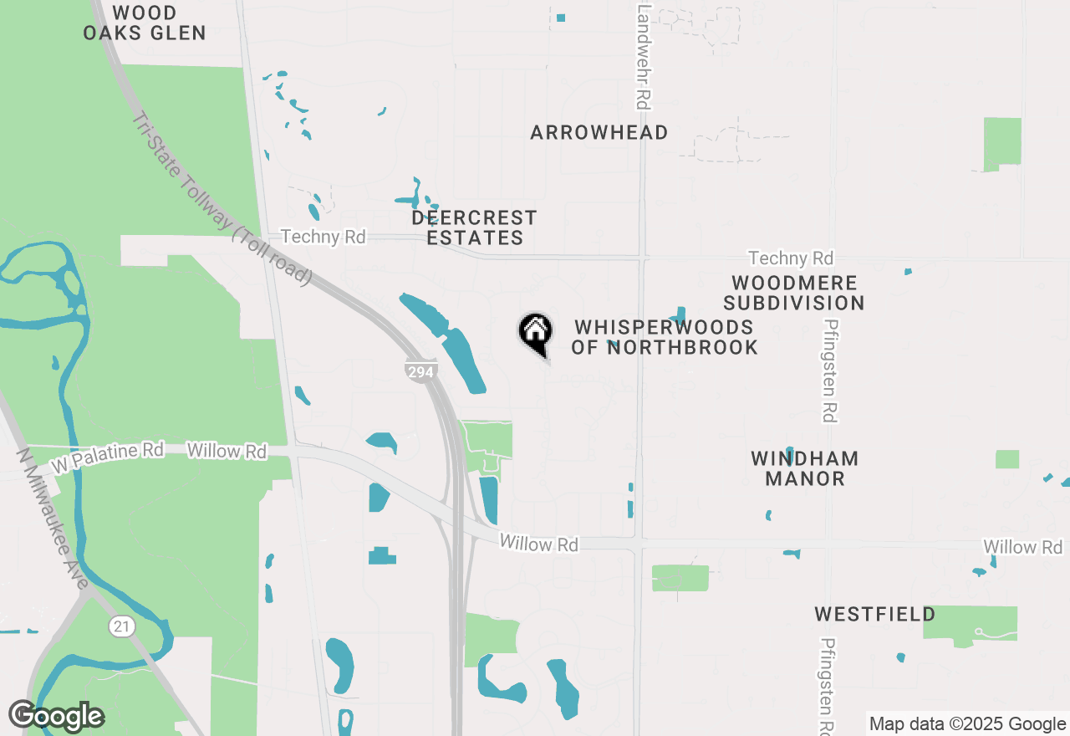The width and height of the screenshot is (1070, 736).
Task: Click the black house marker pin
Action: coord(535,333)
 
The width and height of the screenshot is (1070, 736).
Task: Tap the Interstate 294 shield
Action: coord(420,371)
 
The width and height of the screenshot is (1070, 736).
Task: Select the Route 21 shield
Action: coord(122,626)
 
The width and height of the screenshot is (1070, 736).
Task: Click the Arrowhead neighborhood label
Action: coord(599,132)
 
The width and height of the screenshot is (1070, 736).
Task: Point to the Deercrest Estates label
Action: coord(474,227)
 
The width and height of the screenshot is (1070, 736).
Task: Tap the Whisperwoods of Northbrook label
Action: coord(665,337)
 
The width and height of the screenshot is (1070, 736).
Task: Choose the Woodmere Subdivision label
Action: coord(793,293)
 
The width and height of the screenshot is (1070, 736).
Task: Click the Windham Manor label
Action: coord(804,468)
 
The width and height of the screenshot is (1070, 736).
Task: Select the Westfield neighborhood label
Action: coord(875,615)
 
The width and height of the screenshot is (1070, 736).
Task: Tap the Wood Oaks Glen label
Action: coord(145,23)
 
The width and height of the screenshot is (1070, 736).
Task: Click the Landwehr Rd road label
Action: coord(643,57)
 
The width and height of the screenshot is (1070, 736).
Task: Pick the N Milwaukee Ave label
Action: coord(53,519)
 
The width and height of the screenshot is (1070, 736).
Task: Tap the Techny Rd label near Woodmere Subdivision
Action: coord(791,258)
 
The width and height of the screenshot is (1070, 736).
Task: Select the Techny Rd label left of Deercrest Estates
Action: coord(324,237)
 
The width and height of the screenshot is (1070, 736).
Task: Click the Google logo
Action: coord(56,716)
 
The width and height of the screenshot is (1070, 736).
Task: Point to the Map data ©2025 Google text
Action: coord(967,724)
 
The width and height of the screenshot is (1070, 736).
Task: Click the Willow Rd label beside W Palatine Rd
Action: coord(227,451)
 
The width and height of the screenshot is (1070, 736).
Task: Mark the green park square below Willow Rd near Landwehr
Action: coord(680,578)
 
